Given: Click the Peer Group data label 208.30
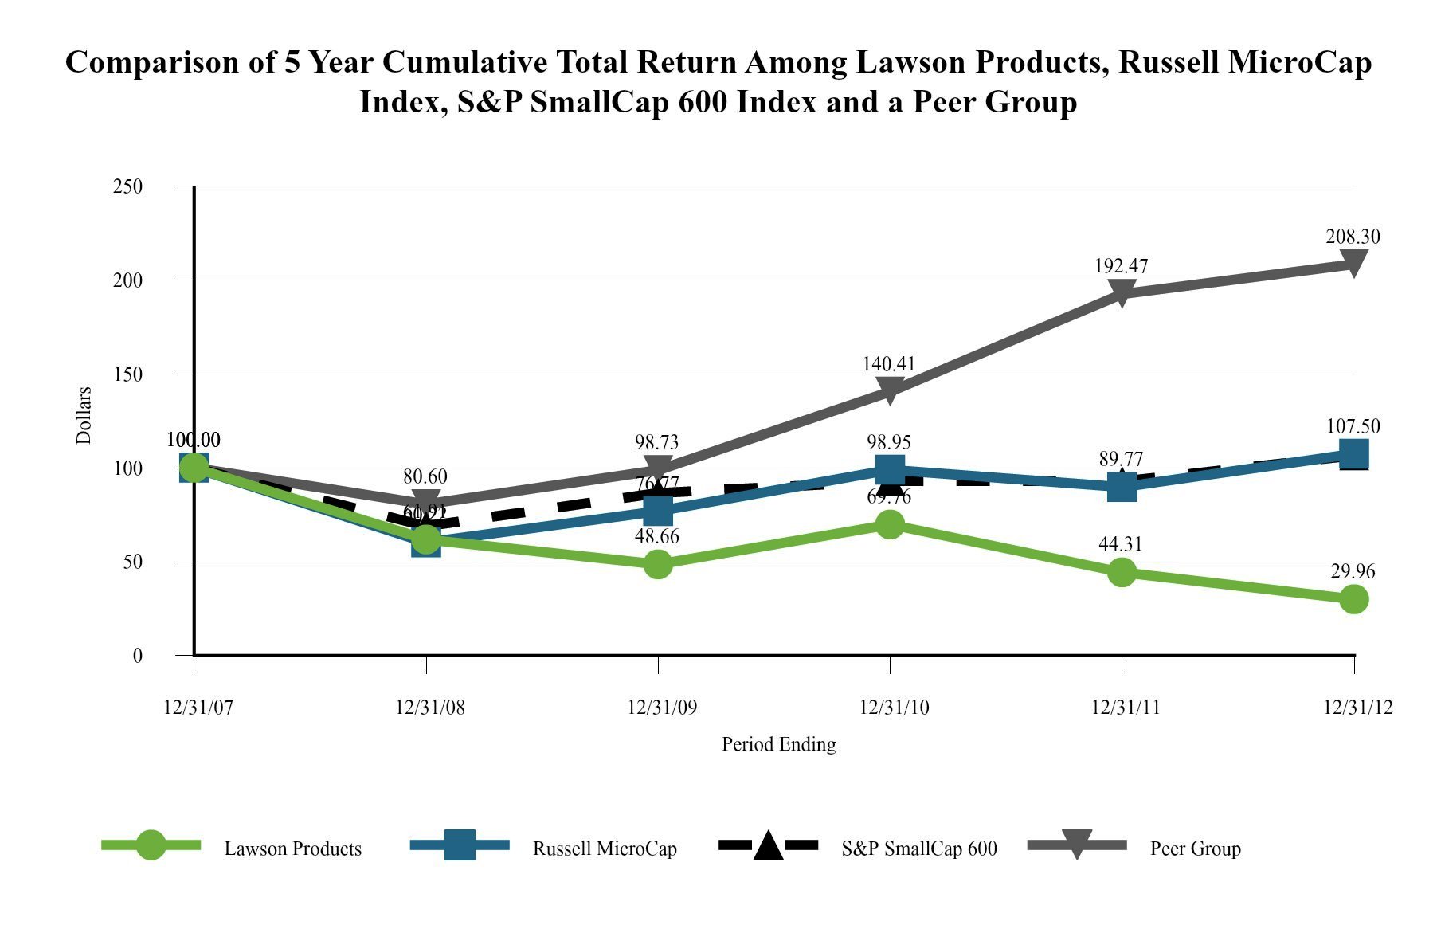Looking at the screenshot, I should tap(1353, 237).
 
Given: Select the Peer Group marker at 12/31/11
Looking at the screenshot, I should tap(1122, 292).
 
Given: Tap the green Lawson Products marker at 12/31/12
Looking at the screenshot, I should tap(1353, 598).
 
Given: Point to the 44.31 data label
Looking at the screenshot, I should tap(1120, 544).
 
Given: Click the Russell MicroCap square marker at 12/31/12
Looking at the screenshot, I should tap(1353, 454).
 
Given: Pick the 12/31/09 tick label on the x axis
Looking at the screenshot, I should tap(662, 708).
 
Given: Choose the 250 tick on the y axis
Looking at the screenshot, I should tap(128, 186).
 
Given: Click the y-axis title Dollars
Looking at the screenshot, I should tap(84, 415).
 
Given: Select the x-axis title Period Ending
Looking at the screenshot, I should tap(778, 744).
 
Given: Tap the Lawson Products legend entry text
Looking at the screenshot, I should tap(292, 849).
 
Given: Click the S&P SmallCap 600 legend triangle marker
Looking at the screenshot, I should tap(768, 846).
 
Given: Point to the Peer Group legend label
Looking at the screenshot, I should tap(1195, 849).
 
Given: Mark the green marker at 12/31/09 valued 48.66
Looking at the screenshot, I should tap(658, 564).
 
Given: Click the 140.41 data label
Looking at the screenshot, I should tap(889, 363).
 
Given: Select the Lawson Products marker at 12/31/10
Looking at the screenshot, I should tap(890, 523).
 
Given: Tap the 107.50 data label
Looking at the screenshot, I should tap(1353, 426).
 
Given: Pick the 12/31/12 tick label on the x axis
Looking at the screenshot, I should tap(1358, 708).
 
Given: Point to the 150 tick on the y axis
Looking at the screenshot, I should tap(128, 374).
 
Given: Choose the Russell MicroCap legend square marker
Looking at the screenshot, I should tap(459, 846).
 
